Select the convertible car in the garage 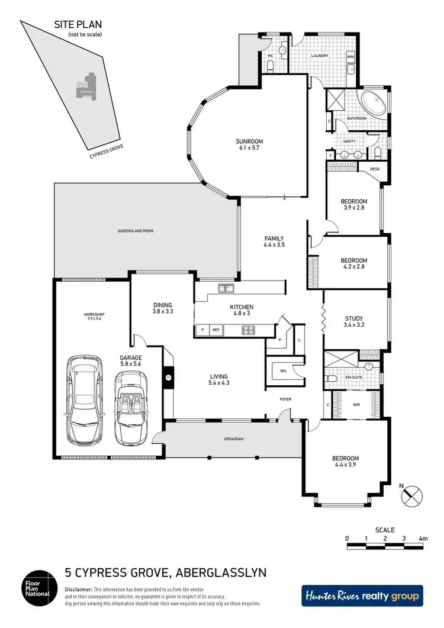(129, 409)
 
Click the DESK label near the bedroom (374, 169)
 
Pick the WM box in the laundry (350, 57)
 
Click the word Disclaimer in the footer (78, 590)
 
